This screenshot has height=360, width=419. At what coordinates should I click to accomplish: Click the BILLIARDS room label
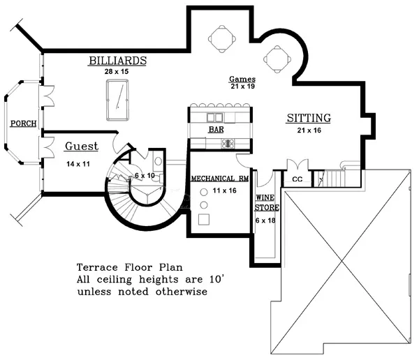(117, 61)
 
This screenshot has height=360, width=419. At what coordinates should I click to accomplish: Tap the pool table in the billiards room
(117, 100)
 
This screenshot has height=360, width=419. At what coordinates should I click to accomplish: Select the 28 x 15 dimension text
(117, 72)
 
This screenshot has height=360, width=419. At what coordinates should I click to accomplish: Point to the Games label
(242, 79)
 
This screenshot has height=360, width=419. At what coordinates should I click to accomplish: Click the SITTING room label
(309, 118)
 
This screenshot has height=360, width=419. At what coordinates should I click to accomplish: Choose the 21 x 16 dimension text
(309, 130)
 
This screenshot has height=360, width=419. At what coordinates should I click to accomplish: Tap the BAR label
(216, 130)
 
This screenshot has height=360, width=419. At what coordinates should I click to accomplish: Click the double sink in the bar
(214, 117)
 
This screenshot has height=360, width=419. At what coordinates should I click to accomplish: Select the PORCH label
(24, 123)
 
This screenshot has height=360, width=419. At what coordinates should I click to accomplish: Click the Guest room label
(82, 147)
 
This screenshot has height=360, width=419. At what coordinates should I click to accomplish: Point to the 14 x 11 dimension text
(78, 164)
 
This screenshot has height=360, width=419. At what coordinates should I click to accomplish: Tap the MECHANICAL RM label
(220, 179)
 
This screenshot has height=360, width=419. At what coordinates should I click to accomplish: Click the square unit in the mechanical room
(204, 219)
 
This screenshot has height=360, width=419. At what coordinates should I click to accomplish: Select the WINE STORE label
(267, 202)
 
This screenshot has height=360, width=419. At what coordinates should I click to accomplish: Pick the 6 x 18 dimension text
(265, 220)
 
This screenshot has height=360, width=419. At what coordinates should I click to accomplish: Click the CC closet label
(297, 179)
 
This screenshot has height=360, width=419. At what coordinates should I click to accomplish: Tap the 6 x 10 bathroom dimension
(145, 175)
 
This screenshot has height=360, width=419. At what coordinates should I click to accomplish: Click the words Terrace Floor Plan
(130, 267)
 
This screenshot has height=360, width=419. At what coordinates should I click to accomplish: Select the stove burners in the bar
(228, 144)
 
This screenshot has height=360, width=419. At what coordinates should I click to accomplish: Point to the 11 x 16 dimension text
(224, 190)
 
